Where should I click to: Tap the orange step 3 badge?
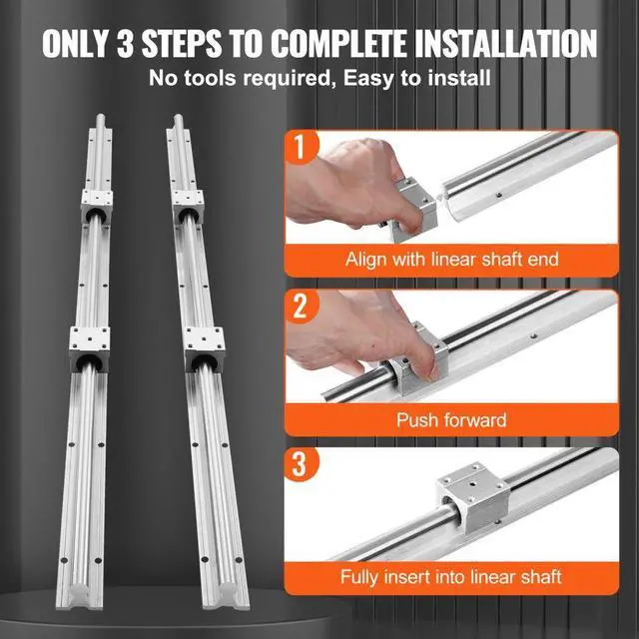tap(301, 467)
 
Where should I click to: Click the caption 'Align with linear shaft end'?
tap(451, 260)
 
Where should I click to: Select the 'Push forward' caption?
tap(451, 419)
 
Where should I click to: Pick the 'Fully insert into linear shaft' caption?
tap(451, 577)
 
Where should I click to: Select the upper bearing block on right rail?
tap(187, 205)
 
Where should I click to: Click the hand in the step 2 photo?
tap(349, 334)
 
